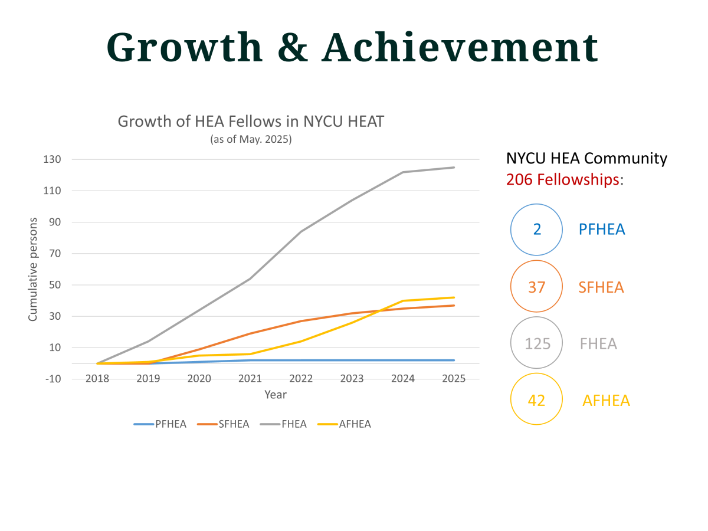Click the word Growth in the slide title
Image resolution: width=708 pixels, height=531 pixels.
(x=184, y=47)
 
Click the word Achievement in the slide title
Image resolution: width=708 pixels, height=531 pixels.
(x=460, y=47)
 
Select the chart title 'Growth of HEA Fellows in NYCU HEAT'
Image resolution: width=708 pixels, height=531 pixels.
(x=251, y=122)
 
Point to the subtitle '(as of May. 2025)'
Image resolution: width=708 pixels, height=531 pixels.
(x=251, y=140)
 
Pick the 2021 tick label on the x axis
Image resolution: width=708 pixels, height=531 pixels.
(x=250, y=379)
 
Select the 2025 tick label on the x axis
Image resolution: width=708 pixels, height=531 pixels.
(x=454, y=379)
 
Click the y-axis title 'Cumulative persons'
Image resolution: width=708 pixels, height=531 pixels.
(x=33, y=269)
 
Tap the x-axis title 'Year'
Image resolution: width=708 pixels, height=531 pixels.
(x=275, y=395)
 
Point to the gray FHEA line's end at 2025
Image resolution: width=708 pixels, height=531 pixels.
(x=454, y=168)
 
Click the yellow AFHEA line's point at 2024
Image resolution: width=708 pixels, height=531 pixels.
(x=403, y=301)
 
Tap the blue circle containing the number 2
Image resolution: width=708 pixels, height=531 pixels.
(x=536, y=230)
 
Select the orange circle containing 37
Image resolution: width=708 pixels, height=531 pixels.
(x=536, y=287)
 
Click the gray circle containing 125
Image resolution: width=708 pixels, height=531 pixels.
(x=536, y=343)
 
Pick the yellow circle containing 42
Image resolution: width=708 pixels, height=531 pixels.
(x=536, y=400)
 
